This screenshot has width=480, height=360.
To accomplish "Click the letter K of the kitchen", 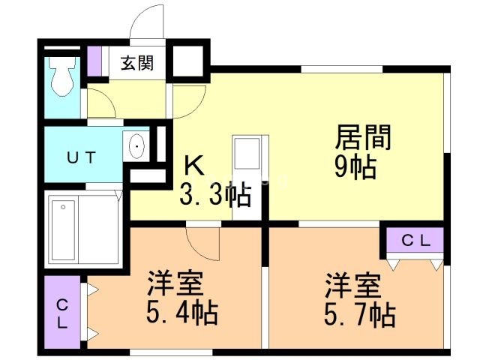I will pyautogui.click(x=193, y=165).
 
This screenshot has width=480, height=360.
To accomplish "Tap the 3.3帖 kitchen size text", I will pyautogui.click(x=214, y=196).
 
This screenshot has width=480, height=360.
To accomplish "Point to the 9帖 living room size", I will pyautogui.click(x=355, y=169).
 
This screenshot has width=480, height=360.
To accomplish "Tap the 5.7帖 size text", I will pyautogui.click(x=359, y=313).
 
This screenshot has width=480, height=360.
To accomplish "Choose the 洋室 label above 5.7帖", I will pyautogui.click(x=353, y=286).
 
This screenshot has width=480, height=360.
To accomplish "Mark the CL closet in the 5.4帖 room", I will pyautogui.click(x=62, y=313).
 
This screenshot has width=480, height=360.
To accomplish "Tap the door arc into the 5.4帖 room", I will pyautogui.click(x=201, y=241).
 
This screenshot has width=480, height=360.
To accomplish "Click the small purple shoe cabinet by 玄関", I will pyautogui.click(x=94, y=61).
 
